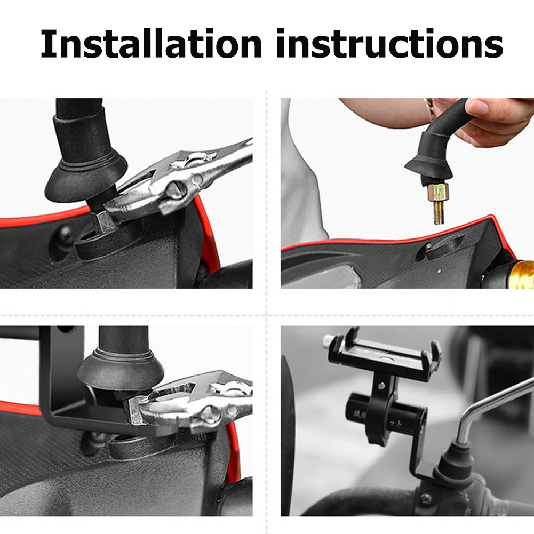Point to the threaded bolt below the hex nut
(x=439, y=211)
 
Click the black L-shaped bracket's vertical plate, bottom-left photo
(x=54, y=373)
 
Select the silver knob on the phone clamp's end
(x=330, y=341)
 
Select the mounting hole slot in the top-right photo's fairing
(x=437, y=248)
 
